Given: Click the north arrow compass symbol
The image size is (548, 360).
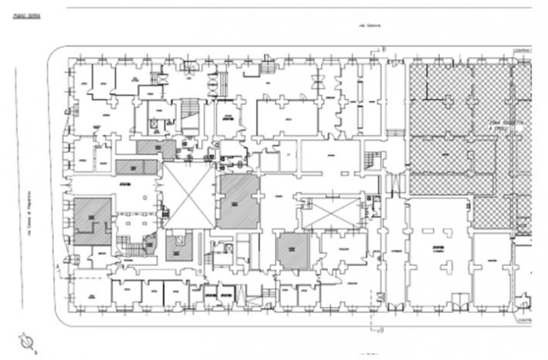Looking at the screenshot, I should [29, 342].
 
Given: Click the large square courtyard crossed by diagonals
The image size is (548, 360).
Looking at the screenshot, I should [189, 196].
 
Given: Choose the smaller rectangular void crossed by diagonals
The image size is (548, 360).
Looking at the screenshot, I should [330, 212].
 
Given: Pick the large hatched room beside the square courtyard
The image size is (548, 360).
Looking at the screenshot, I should [239, 201].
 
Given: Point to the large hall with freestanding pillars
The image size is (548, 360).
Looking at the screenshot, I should [438, 250].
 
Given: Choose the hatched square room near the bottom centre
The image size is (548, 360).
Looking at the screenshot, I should [292, 250].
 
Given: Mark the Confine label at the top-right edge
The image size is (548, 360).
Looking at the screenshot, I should [522, 51].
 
